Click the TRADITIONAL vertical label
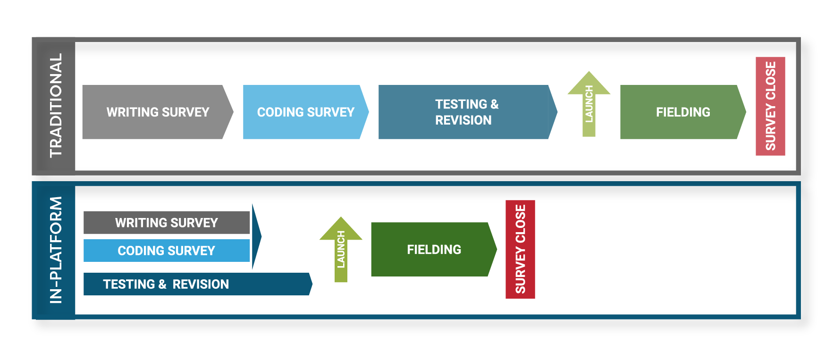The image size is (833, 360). point(56,106)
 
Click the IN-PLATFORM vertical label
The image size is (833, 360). point(56,250)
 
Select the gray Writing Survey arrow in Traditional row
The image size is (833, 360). point(158,112)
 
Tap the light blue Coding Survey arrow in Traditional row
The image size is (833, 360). point(305,112)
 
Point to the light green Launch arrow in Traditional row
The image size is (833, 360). point(589,104)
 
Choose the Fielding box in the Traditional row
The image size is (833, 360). point(682,112)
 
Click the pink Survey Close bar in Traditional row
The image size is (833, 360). point(770,106)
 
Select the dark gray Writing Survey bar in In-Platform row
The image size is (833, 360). point(166,222)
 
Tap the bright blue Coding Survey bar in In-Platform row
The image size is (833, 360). point(166,251)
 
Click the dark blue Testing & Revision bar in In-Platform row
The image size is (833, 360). point(196,284)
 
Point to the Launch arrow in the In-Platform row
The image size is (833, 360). point(341,250)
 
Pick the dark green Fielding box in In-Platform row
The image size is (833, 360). point(433,249)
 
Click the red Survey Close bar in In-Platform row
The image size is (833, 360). point(520,249)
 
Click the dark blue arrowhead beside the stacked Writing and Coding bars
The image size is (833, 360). point(256,236)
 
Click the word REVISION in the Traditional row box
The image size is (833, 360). point(463,120)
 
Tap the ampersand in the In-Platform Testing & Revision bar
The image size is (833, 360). point(162,284)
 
